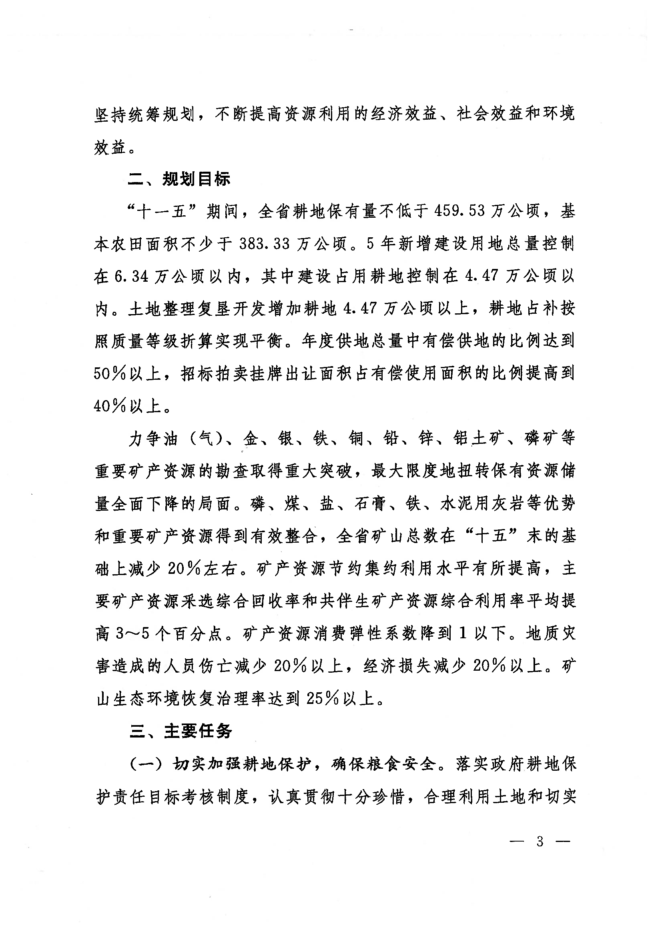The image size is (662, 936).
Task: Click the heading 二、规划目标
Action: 179,179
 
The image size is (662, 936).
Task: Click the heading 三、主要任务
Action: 181,732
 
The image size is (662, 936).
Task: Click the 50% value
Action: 110,374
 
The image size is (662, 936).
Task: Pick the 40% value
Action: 110,407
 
